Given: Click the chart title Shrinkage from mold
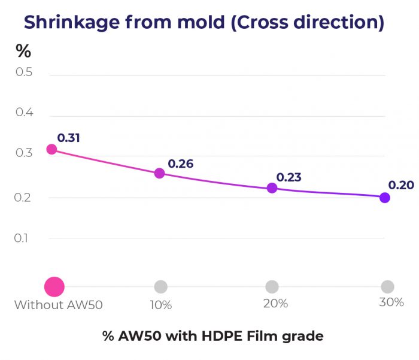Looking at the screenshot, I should point(204,22).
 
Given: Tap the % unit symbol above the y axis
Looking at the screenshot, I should point(23,52).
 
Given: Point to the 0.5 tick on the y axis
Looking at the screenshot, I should point(24,72).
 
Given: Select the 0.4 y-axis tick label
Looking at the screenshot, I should point(24,113).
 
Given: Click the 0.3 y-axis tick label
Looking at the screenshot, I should point(24,153).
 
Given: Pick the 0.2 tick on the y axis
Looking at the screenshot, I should point(24,197).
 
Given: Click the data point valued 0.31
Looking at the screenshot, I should point(51,149).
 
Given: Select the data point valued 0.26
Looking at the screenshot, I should point(159,173).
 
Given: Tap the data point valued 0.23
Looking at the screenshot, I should point(272,187).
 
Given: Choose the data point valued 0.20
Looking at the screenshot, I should point(385,198).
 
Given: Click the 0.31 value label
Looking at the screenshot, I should point(69,138).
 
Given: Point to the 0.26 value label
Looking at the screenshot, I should point(180,163).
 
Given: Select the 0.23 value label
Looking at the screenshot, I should point(289,177).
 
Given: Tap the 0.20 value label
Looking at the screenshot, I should point(401,185).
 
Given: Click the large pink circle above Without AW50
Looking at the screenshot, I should point(54,287).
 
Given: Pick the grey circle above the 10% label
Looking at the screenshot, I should point(160,287).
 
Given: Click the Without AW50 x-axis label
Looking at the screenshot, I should point(59,304).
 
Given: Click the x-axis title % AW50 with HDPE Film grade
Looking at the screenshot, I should point(212,336).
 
